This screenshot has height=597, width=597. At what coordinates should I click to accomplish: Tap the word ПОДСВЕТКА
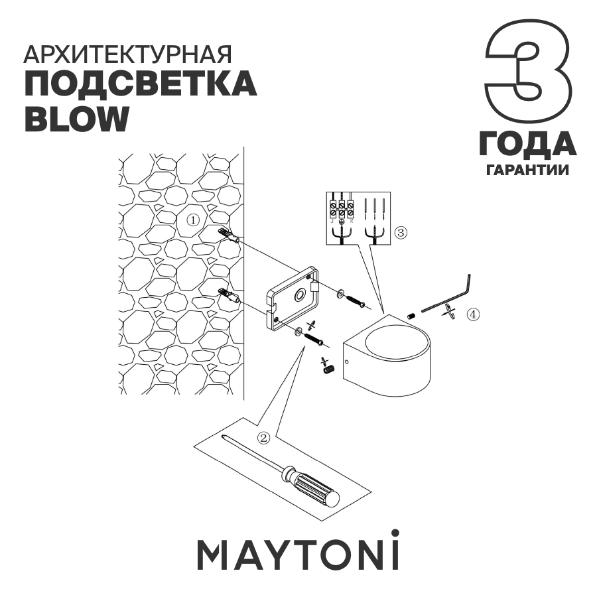[140, 86]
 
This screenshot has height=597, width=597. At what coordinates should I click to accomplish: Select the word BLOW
[76, 117]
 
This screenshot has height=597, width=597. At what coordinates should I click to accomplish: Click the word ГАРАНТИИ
[527, 170]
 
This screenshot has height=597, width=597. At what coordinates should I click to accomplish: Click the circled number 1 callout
[192, 220]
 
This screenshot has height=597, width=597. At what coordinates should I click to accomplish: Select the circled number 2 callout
[264, 437]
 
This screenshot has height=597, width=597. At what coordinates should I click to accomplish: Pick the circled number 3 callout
[400, 233]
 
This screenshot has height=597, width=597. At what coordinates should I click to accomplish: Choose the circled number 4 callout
[472, 314]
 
